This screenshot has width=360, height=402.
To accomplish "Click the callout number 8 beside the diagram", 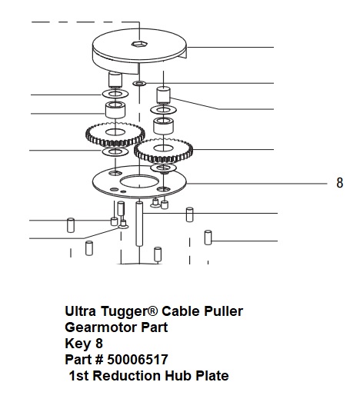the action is click(x=339, y=183).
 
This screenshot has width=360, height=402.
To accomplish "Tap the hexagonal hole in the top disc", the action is click(x=139, y=44).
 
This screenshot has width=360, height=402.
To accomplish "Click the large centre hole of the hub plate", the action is click(x=138, y=181).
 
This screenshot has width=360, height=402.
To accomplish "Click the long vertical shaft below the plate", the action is click(x=139, y=224).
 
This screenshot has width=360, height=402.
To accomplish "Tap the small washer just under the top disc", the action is click(x=139, y=83).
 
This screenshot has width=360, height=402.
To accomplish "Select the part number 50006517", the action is click(x=138, y=360).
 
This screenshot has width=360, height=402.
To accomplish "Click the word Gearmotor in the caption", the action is click(x=101, y=327).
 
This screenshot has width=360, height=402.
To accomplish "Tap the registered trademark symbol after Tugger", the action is click(x=153, y=311).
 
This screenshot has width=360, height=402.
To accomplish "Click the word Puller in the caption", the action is click(x=223, y=311).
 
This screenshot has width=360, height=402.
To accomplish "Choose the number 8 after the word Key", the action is click(x=99, y=344).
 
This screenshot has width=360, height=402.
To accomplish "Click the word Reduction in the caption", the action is click(x=126, y=376).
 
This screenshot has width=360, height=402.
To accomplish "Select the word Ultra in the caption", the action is click(x=81, y=311).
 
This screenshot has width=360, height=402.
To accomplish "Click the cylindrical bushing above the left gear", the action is click(x=115, y=110).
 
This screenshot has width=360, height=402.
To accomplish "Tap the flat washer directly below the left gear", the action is click(x=115, y=151).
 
